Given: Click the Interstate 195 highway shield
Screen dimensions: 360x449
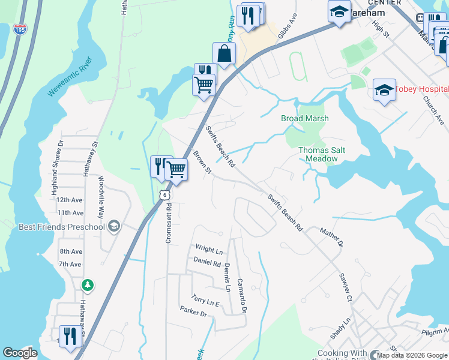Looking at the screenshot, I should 21,29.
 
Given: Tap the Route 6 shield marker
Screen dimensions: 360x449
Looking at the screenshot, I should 164,194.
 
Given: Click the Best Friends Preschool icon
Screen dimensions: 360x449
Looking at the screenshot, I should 114,226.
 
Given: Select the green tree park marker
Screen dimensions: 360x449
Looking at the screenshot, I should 88,285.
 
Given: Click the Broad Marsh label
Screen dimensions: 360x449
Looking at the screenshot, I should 305,118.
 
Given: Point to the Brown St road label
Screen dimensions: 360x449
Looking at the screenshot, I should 202,163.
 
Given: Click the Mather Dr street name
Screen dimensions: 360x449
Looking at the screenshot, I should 331,238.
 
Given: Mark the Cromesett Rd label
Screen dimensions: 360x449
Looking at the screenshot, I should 169,223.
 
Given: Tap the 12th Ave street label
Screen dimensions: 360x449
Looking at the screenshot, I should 70,200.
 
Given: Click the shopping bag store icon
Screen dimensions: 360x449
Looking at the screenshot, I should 224,54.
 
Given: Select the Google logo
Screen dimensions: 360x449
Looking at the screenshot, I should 20,353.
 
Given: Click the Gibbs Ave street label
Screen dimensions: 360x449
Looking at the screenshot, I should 288,26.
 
